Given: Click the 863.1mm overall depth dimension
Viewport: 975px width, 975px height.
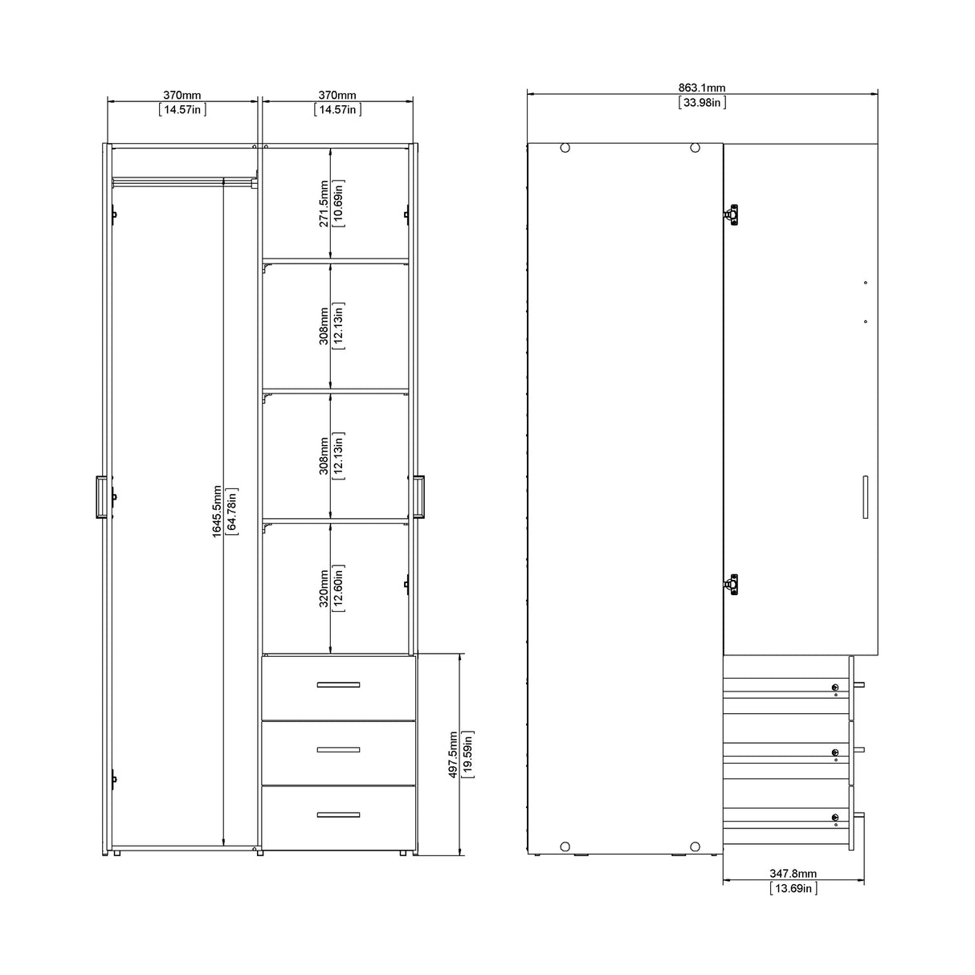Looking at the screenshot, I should (x=703, y=88).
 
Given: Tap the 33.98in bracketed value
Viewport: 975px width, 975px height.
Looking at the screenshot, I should (x=703, y=102).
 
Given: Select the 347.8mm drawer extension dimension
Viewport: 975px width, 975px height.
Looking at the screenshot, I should (x=793, y=873).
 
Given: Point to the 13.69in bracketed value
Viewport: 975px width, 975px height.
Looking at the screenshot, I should (x=793, y=887).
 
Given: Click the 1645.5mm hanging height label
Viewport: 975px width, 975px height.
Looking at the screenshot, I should (x=217, y=511).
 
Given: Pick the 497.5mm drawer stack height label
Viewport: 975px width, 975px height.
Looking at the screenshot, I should (x=454, y=754).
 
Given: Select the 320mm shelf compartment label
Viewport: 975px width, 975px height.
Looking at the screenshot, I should (x=324, y=587).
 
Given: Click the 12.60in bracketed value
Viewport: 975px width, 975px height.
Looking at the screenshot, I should (x=339, y=587).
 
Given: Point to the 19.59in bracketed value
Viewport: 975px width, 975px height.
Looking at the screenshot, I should (x=468, y=754).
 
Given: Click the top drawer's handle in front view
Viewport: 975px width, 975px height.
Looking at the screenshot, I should (x=338, y=685).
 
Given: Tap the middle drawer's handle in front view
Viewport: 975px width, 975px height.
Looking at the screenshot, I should (x=338, y=749).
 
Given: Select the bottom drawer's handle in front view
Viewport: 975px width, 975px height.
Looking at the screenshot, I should (x=338, y=814).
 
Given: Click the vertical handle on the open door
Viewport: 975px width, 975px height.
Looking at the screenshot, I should (x=865, y=498).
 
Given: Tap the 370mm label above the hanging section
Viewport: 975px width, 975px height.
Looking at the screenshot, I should (x=183, y=96).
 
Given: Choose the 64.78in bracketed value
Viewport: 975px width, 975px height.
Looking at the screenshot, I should (x=231, y=511).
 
